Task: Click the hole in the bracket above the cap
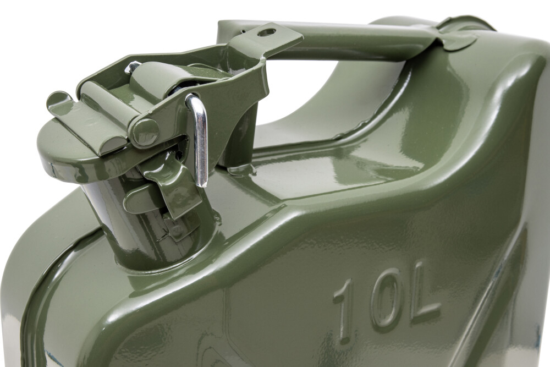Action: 267,32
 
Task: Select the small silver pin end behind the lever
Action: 132,68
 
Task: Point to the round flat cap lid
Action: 66,149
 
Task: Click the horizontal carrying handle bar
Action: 352,41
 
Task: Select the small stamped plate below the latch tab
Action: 176,228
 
